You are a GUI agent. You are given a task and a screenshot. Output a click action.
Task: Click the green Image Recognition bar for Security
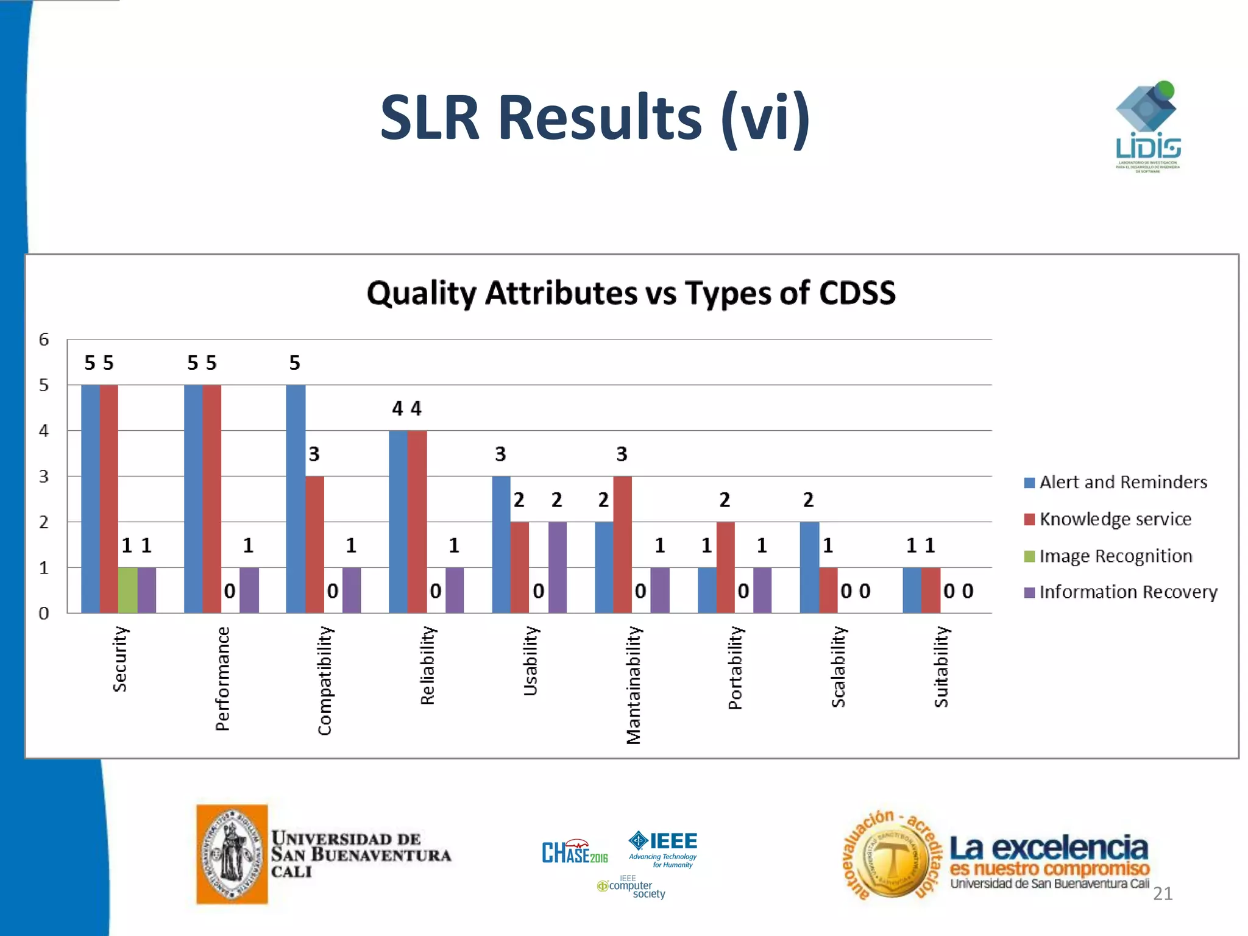pos(127,590)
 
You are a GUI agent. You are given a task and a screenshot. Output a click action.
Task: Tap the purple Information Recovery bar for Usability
pos(557,567)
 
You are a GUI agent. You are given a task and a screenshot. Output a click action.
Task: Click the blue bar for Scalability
pos(809,567)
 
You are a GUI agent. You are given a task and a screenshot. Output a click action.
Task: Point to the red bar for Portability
pos(725,567)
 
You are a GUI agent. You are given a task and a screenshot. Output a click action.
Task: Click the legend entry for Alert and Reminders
pos(1115,483)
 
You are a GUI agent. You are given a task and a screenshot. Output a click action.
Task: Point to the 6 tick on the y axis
pos(44,339)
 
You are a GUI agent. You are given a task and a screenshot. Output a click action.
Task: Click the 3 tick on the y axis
pos(44,477)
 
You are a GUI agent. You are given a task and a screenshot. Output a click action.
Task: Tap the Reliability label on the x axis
pos(428,665)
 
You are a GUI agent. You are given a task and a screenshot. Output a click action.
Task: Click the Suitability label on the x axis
pos(941,667)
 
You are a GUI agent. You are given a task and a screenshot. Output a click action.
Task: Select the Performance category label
pos(222,678)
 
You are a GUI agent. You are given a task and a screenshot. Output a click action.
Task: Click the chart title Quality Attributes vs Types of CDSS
pos(631,293)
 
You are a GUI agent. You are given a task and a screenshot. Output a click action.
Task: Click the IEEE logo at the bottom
pos(663,847)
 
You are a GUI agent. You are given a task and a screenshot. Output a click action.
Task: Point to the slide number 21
pos(1163,893)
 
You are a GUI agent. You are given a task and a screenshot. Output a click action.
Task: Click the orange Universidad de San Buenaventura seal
pos(232,854)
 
